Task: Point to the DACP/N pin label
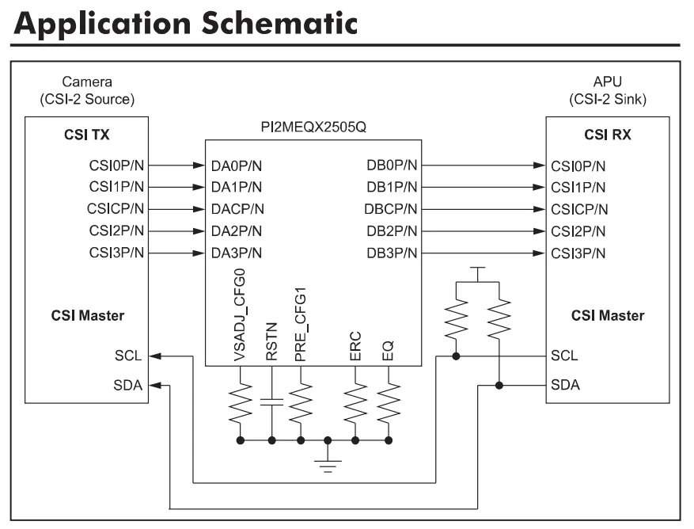237,209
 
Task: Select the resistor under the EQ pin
388,403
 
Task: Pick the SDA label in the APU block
565,385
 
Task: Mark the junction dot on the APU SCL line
457,356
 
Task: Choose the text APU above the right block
606,82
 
